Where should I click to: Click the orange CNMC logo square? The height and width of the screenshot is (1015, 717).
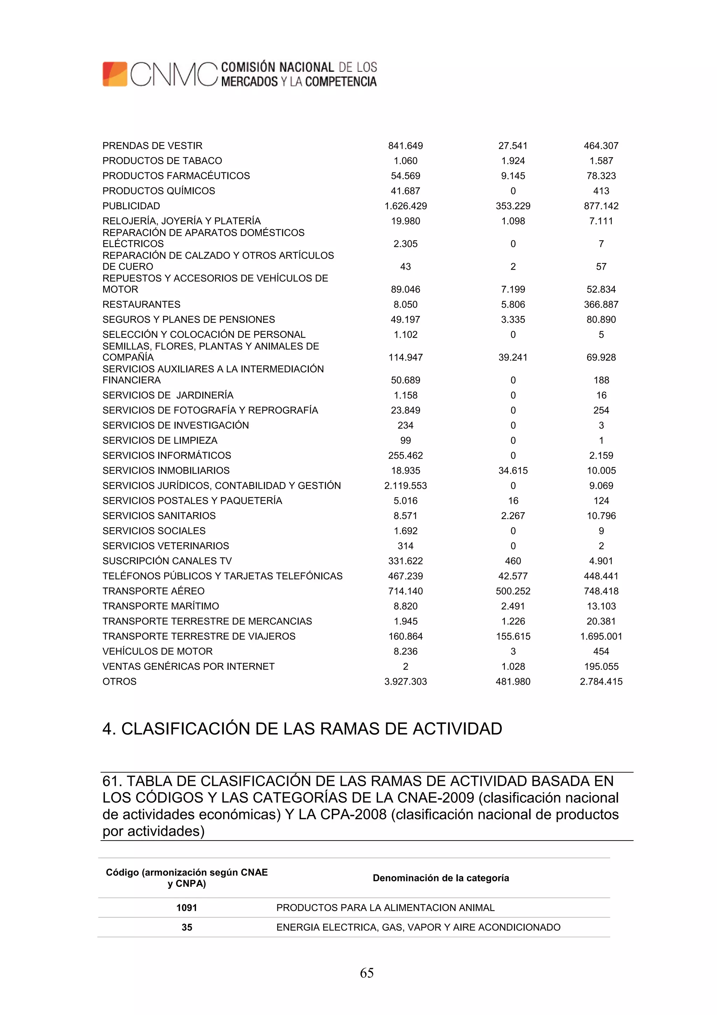115,74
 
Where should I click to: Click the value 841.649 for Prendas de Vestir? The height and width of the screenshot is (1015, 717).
405,146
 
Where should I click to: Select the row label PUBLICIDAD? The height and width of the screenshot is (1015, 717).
131,206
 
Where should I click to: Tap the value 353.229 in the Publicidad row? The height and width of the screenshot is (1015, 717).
513,206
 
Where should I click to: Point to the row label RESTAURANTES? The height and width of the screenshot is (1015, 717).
141,304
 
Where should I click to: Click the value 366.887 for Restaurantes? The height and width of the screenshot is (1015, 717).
601,304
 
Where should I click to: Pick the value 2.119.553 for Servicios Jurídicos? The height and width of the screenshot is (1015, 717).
405,486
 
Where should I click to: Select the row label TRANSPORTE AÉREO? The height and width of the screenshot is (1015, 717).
153,591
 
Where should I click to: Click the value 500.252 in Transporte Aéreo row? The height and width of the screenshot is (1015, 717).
513,591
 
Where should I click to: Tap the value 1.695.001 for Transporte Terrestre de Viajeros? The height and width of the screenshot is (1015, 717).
601,637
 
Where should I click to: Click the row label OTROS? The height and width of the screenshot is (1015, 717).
119,682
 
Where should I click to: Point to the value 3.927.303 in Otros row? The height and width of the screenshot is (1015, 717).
405,682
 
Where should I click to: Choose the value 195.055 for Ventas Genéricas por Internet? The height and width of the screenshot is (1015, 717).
601,667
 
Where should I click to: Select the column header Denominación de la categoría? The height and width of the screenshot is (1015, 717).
440,878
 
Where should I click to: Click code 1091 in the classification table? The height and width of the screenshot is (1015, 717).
187,908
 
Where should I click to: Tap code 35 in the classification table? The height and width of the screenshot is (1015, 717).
187,927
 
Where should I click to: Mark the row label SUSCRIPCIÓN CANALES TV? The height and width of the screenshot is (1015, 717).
167,561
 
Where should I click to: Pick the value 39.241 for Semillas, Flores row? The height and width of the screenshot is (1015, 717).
513,358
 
